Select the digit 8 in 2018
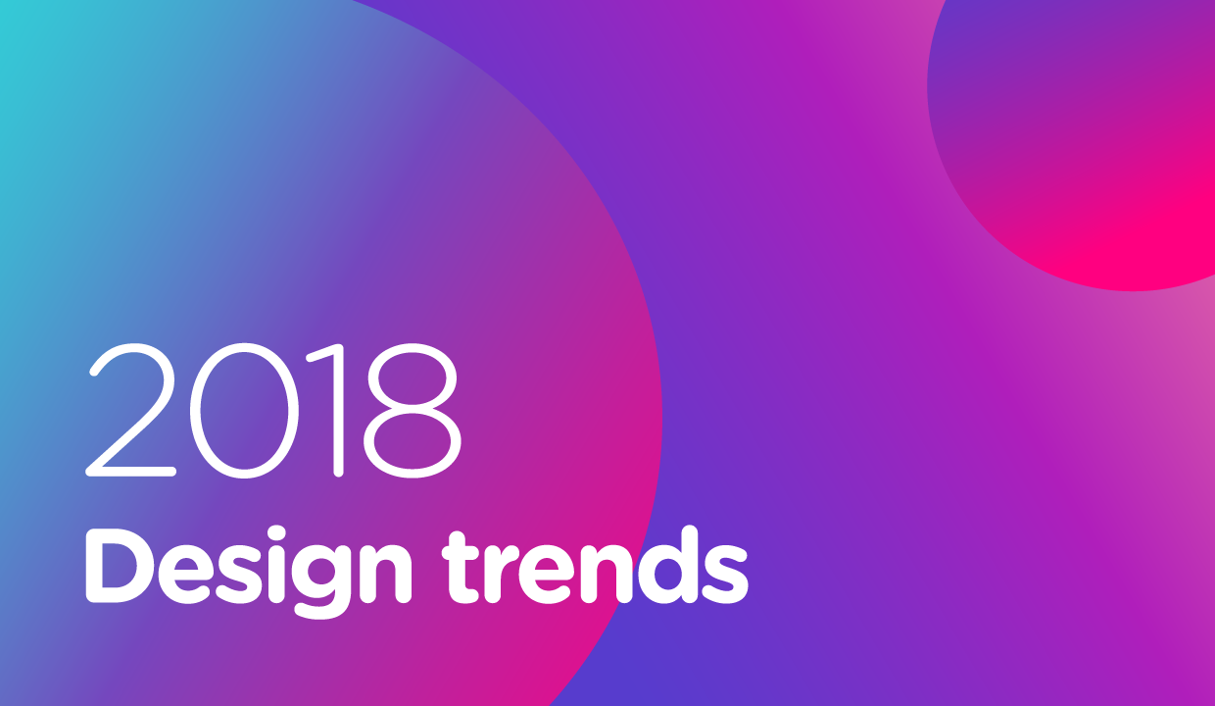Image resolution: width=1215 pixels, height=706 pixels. pyautogui.click(x=412, y=410)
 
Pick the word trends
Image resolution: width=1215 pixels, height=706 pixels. pyautogui.click(x=595, y=566)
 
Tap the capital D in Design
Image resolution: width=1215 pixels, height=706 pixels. pyautogui.click(x=118, y=565)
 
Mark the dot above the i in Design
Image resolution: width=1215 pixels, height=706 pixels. pyautogui.click(x=277, y=535)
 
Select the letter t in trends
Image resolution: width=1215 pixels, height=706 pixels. pyautogui.click(x=462, y=568)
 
